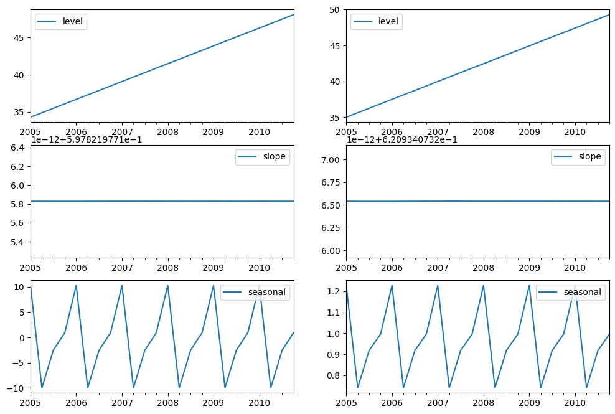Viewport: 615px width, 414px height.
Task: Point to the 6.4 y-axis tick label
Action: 19,148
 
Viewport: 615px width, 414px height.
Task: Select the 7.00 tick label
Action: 329,160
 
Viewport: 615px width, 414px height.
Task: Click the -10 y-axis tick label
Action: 16,388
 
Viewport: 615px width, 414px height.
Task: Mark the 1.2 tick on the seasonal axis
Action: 334,291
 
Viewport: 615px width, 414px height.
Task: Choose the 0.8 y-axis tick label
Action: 334,375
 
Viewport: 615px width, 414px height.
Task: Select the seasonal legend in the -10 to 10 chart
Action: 255,292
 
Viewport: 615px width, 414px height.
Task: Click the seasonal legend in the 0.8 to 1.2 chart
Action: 571,292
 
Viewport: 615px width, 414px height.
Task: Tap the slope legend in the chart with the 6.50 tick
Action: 578,157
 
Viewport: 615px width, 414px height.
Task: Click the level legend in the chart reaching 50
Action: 377,22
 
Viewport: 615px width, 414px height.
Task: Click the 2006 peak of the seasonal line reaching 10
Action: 76,285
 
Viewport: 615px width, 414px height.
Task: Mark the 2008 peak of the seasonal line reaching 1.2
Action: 483,285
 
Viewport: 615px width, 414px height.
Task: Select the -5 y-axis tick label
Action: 19,363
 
